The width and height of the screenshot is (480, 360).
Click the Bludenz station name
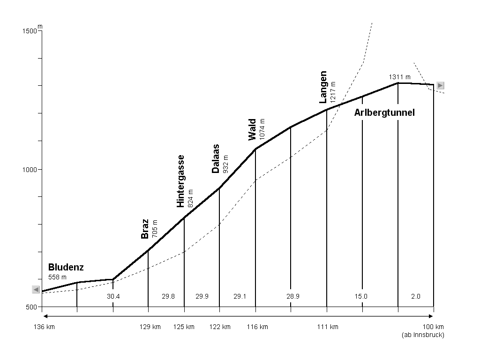pyautogui.click(x=66, y=268)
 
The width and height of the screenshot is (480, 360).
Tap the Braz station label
pyautogui.click(x=145, y=229)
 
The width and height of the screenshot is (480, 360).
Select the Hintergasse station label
pyautogui.click(x=180, y=181)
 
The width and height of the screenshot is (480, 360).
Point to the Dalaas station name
pyautogui.click(x=216, y=159)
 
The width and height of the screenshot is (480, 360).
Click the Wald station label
pyautogui.click(x=253, y=129)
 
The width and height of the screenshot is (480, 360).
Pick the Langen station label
pyautogui.click(x=323, y=87)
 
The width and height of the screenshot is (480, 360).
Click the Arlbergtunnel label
pyautogui.click(x=384, y=113)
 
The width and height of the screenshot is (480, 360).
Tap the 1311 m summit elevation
pyautogui.click(x=399, y=77)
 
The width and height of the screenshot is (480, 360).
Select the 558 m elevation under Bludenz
pyautogui.click(x=58, y=277)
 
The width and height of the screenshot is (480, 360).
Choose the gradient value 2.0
pyautogui.click(x=416, y=296)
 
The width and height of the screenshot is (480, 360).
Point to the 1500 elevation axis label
pyautogui.click(x=30, y=31)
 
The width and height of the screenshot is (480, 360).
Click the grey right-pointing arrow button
pyautogui.click(x=440, y=85)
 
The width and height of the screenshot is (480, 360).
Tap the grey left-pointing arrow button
pyautogui.click(x=36, y=290)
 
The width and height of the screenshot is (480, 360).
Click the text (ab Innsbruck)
pyautogui.click(x=423, y=335)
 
